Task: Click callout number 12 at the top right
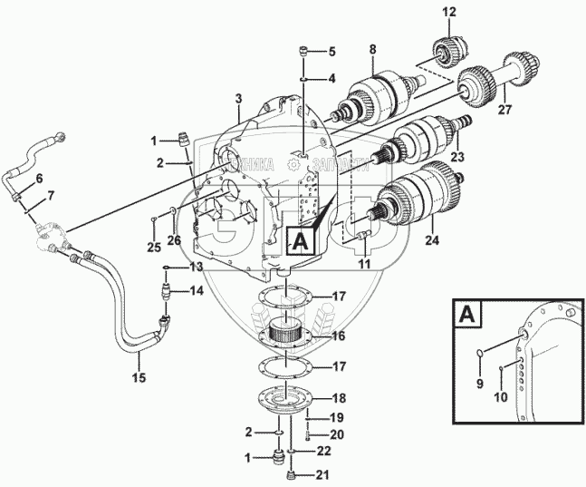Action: (450, 12)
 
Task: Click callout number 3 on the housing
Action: (238, 98)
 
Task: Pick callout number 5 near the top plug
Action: (331, 51)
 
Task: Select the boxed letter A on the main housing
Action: (301, 240)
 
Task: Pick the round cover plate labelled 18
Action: (288, 400)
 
